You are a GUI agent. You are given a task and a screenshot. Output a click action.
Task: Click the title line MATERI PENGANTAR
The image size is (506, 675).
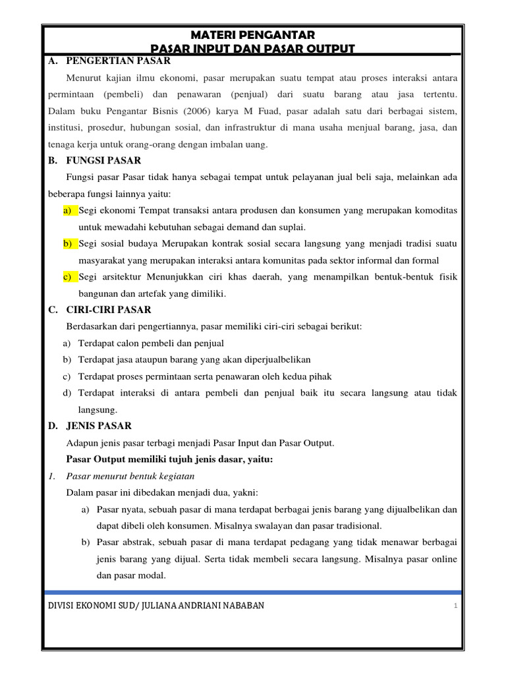coord(253,35)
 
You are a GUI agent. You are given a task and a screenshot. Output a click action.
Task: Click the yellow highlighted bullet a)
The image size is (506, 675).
coord(68,210)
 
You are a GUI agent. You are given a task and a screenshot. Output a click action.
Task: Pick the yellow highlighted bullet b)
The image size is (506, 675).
coord(68,243)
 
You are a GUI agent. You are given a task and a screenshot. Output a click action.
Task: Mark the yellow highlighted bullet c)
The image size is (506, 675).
coord(68,276)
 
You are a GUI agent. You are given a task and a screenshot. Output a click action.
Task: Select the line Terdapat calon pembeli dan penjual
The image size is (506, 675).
coord(151,343)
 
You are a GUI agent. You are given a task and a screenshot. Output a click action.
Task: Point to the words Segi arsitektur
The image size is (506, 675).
coord(109,276)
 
